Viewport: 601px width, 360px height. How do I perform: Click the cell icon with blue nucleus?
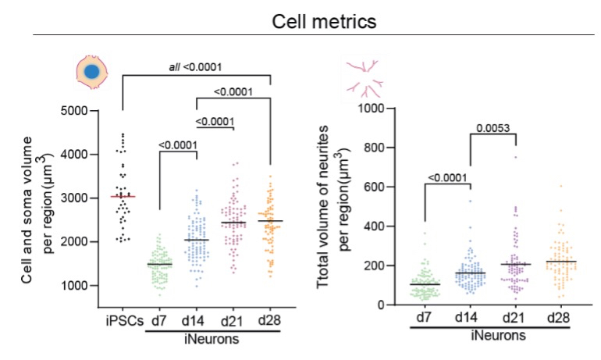91,73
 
